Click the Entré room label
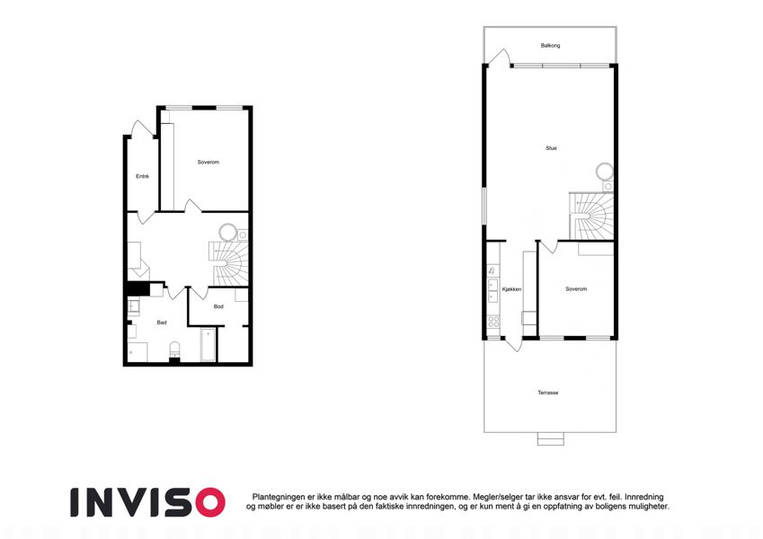point(142,176)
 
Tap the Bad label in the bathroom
point(162,323)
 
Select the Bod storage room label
point(218,306)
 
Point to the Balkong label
point(550,45)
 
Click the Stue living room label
point(551,148)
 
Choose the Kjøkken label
point(511,289)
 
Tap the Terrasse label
point(548,393)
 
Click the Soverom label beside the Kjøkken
point(576,289)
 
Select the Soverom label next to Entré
point(208,162)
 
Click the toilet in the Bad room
point(173,349)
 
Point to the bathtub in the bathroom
point(208,345)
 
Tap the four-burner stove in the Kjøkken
point(493,321)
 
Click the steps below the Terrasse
point(550,438)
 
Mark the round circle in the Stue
point(605,172)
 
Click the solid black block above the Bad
point(138,288)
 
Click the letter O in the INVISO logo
point(207,502)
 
